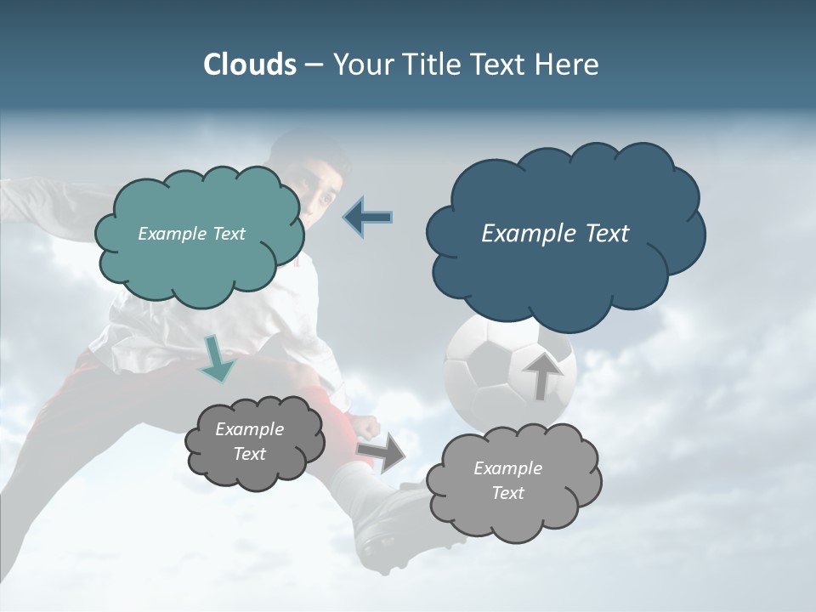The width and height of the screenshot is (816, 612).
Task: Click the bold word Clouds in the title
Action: point(249,65)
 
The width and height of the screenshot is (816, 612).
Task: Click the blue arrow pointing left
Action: point(367,217)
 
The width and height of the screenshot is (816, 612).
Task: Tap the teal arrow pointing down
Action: point(218,360)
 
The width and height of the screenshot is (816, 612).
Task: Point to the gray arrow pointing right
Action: point(381,453)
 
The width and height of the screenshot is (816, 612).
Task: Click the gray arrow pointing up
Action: point(541,375)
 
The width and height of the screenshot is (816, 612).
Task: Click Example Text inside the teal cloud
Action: point(191,234)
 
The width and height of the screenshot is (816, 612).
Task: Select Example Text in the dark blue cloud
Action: point(555,234)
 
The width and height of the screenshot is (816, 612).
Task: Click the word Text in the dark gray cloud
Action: point(249,454)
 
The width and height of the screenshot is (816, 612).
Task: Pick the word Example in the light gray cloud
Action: point(507,468)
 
